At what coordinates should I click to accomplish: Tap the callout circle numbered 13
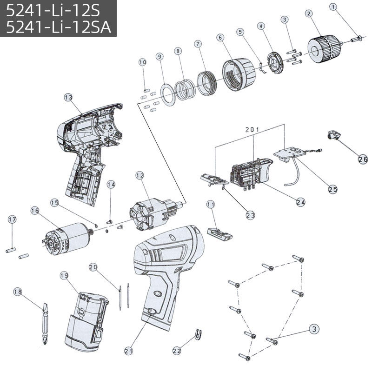point(68,97)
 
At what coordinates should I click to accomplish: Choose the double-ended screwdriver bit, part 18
point(44,318)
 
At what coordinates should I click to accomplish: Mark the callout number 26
point(363,159)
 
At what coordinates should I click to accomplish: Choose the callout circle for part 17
point(12,219)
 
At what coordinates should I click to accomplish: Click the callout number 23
point(251,215)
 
